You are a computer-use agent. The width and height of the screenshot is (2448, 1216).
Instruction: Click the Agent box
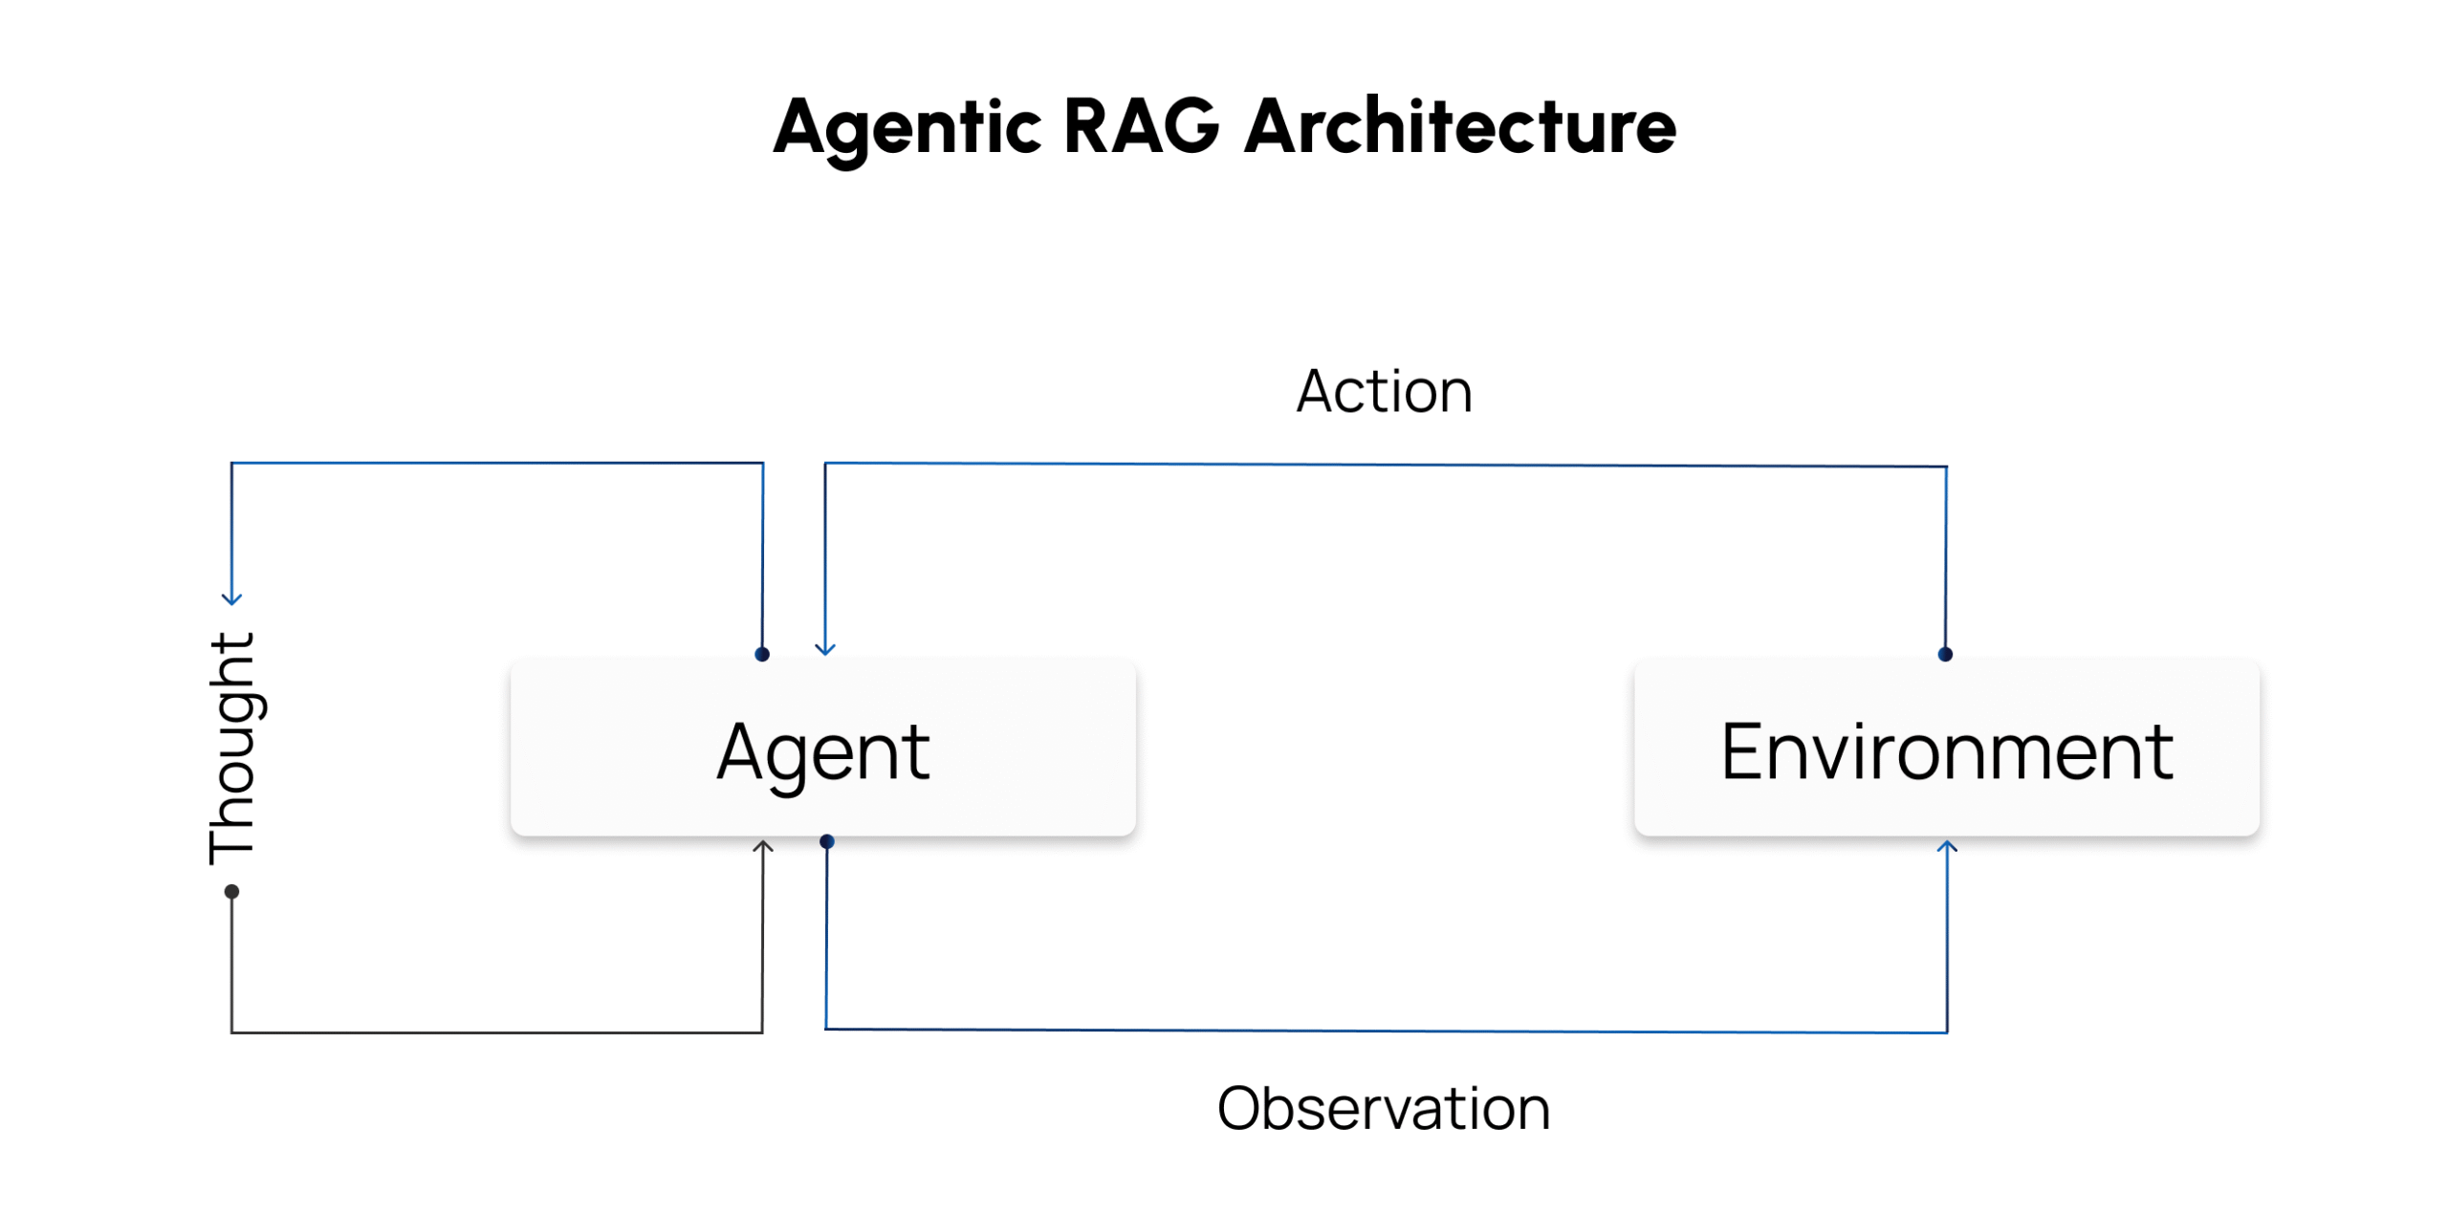pos(822,747)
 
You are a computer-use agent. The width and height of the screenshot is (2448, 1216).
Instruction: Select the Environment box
pos(1946,747)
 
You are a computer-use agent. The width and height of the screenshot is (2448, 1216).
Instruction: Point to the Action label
pos(1384,392)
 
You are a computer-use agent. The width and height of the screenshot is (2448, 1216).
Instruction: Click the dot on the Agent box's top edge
pos(762,655)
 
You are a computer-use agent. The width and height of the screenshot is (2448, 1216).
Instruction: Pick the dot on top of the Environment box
pos(1945,655)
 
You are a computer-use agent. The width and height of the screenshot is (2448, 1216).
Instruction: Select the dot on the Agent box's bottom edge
pos(827,841)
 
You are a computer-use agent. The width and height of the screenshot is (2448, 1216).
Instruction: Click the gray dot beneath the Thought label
pos(231,892)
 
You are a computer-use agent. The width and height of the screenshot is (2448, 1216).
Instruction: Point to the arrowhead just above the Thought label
pos(231,600)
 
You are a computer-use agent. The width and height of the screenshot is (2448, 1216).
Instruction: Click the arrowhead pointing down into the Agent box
pos(825,649)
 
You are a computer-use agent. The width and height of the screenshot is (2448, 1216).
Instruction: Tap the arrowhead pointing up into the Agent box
pos(762,846)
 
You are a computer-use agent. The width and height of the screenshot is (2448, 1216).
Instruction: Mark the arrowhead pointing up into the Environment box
pos(1947,846)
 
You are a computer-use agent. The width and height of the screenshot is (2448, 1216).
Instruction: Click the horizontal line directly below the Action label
pos(1386,466)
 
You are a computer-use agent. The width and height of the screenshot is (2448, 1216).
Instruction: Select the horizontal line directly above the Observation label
pos(1387,1031)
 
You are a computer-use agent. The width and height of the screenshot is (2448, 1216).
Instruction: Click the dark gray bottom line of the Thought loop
pos(496,1032)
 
